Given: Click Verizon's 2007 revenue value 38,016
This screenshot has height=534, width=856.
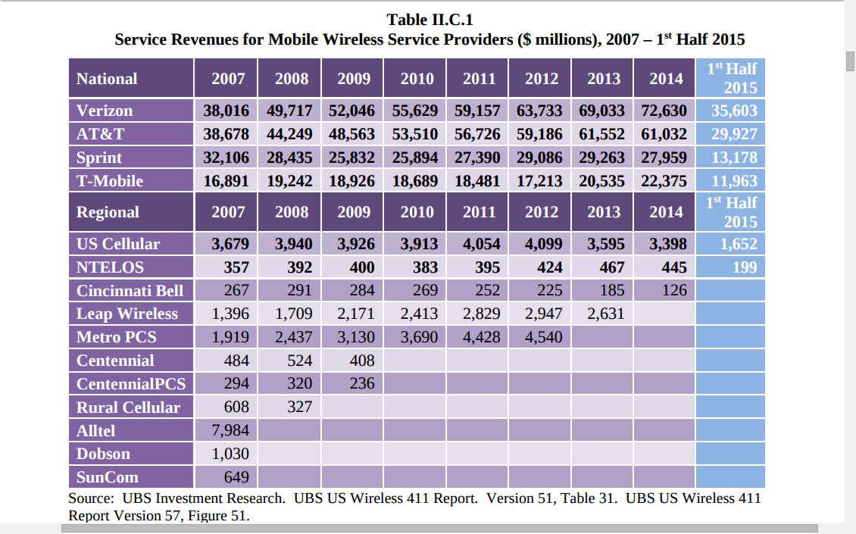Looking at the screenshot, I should tap(226, 111).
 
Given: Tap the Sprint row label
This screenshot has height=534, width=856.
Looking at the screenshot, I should tap(99, 158).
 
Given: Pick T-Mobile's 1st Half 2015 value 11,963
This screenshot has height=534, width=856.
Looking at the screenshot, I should tap(734, 181).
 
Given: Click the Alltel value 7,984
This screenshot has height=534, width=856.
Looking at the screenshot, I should tap(230, 430).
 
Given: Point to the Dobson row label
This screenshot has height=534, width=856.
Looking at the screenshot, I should tap(103, 454).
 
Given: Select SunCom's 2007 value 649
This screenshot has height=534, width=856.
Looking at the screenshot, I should tap(236, 477).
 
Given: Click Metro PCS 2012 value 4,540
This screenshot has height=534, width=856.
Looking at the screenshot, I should tap(543, 337).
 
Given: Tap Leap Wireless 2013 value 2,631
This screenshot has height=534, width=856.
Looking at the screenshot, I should tap(605, 314).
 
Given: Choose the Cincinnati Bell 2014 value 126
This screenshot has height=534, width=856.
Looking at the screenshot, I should tap(673, 290).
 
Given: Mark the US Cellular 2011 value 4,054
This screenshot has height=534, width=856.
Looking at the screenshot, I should tap(480, 244).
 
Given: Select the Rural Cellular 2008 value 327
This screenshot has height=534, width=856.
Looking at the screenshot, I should tap(299, 407).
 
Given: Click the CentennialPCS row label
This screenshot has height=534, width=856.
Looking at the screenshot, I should tap(130, 383).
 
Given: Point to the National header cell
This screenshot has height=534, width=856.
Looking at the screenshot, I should tap(107, 79).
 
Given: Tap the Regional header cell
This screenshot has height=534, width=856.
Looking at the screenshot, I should tap(108, 212).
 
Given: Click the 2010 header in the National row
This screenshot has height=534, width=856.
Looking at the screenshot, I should tap(417, 79).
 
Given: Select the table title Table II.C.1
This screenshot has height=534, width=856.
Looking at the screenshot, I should tap(430, 20).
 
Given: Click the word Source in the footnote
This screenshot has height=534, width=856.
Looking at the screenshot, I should tap(91, 498).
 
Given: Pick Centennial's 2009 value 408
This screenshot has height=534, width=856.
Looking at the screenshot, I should tap(361, 361).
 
